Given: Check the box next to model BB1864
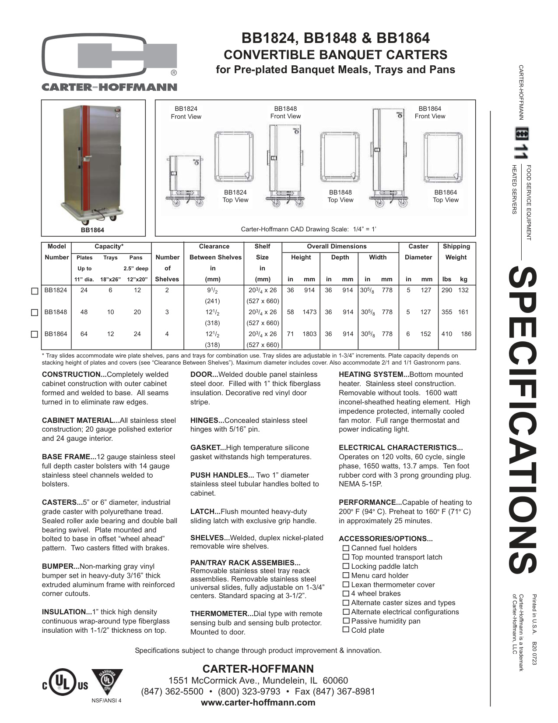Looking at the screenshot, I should tap(35, 334).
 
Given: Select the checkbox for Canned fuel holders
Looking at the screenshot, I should tap(346, 548).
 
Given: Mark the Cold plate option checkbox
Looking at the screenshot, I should tap(346, 630).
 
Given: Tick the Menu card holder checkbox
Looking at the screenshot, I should tap(346, 575).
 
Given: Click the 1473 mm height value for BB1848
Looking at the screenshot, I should tap(309, 312).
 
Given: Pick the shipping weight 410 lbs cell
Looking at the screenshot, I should tap(446, 334).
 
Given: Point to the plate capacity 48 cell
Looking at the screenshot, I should tap(84, 312).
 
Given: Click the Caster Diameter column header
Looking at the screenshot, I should tap(418, 252).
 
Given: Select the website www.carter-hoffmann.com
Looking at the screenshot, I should tap(258, 702).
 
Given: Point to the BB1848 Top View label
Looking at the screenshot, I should tap(340, 196).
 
